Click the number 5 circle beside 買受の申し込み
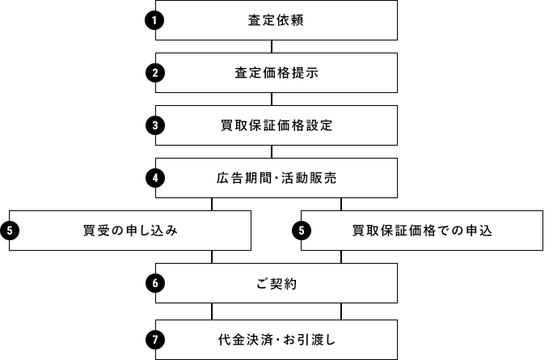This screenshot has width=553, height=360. coord(9,231)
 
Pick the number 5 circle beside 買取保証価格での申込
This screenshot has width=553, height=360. coord(300,231)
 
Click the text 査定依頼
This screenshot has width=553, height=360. coord(276,21)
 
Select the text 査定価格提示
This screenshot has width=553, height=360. coord(276,74)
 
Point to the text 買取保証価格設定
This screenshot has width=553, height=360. coord(276,126)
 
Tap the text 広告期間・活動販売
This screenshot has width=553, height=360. coord(276,179)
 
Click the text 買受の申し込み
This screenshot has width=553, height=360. coord(130,231)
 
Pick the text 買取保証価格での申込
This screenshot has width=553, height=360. coord(422,231)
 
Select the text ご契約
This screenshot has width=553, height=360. coord(276,284)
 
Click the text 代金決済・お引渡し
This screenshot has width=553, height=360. coord(276,340)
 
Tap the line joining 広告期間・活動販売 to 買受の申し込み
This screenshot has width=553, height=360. coord(212,204)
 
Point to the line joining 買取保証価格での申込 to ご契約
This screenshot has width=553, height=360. coord(341,256)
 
